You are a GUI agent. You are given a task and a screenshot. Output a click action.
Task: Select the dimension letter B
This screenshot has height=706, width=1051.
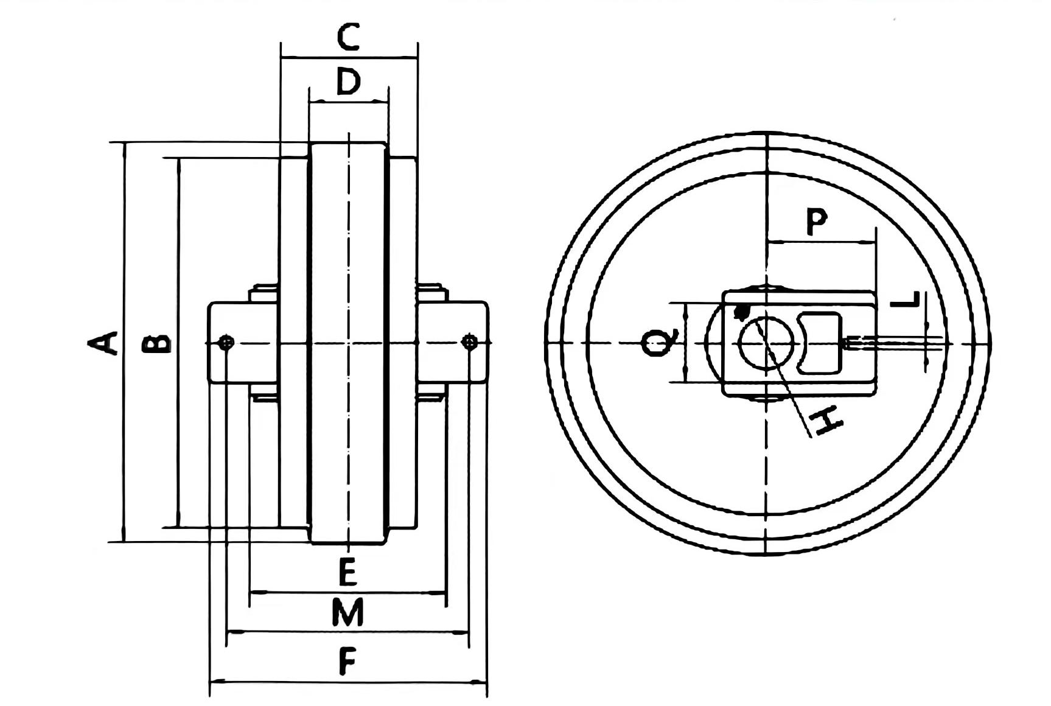[156, 344]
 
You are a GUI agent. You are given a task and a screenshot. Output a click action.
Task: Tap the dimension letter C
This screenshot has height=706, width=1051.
[349, 37]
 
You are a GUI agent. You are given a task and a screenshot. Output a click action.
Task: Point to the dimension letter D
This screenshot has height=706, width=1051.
[349, 82]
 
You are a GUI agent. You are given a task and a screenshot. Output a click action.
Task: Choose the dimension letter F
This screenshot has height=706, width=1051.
[347, 662]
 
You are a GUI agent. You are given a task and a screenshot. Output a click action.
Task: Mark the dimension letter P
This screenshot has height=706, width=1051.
[817, 222]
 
